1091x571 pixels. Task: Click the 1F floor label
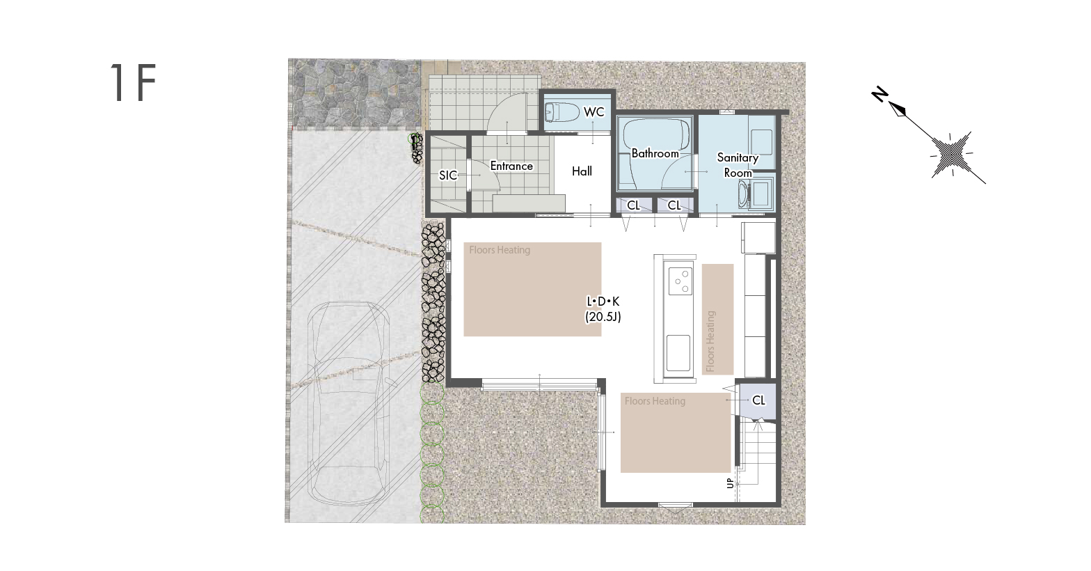(x=133, y=82)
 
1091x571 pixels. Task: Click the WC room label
(x=594, y=112)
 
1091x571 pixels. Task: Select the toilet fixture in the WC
(x=560, y=113)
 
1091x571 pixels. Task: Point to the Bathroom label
(x=655, y=153)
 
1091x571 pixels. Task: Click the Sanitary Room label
(x=738, y=165)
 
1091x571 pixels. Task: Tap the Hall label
(x=582, y=171)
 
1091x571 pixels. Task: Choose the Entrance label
(x=511, y=166)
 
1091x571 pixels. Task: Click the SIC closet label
(x=448, y=175)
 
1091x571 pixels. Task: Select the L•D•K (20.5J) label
(x=603, y=309)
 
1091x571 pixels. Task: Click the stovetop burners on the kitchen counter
(x=680, y=281)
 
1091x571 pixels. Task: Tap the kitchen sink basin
(x=678, y=352)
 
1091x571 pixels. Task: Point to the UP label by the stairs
(x=730, y=483)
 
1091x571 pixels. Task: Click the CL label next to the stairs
(x=759, y=400)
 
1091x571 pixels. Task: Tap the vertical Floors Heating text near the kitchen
(x=710, y=341)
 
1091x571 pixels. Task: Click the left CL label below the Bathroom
(x=633, y=205)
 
